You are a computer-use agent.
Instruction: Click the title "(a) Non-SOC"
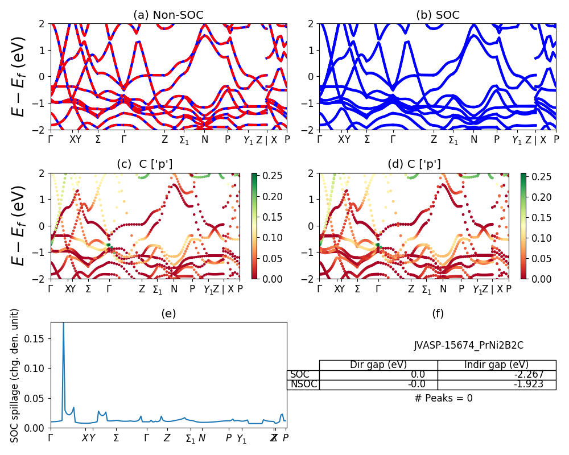[x=168, y=15]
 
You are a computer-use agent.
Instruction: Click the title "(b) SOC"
[x=438, y=15]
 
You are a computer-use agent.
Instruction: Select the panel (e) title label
[x=168, y=313]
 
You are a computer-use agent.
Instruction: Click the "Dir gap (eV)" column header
[x=378, y=365]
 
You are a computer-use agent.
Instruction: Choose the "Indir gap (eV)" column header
[x=497, y=365]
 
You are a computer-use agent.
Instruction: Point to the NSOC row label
[x=303, y=384]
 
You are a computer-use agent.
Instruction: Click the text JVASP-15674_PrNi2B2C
[x=468, y=345]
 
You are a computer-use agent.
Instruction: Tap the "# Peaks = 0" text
[x=443, y=398]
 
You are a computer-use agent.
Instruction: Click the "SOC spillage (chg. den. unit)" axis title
[x=15, y=375]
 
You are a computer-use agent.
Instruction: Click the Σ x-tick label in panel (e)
[x=116, y=438]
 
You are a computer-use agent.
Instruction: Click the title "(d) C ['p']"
[x=414, y=164]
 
